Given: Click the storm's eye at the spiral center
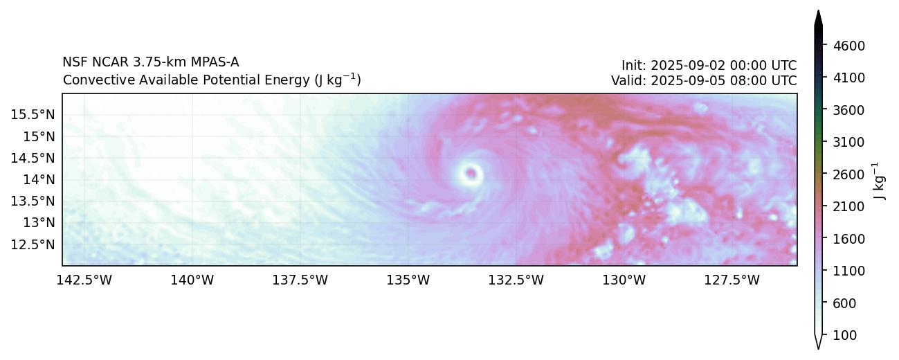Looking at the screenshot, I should pos(471,172).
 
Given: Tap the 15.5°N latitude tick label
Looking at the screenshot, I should pos(33,114).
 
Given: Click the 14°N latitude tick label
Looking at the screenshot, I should pos(38,179).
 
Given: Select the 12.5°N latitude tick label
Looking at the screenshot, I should pos(33,244).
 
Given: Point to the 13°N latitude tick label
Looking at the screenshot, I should pos(38,223).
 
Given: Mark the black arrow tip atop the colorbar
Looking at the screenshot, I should pos(818,14).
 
